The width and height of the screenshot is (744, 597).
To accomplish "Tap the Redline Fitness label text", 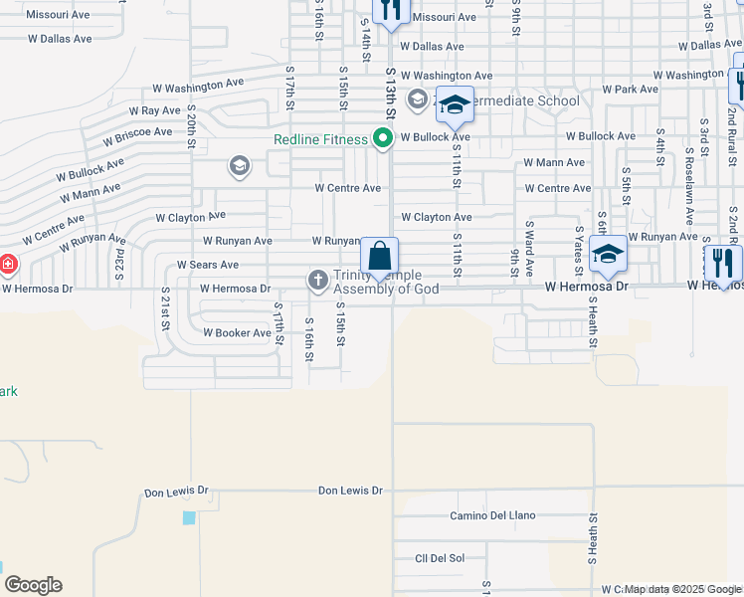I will pyautogui.click(x=321, y=140).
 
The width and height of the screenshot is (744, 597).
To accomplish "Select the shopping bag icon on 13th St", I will pyautogui.click(x=380, y=257).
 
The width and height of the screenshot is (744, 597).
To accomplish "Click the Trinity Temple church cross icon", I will pyautogui.click(x=317, y=280).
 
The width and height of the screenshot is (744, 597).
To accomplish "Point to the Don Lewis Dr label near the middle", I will pyautogui.click(x=350, y=491).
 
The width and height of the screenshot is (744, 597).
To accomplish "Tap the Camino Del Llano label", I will pyautogui.click(x=492, y=515).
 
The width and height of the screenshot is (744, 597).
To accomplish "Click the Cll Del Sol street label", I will pyautogui.click(x=440, y=557).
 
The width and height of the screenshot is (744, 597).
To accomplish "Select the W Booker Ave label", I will pyautogui.click(x=236, y=333).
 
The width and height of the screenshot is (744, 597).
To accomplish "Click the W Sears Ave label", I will pyautogui.click(x=207, y=265).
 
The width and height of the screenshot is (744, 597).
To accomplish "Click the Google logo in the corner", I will pyautogui.click(x=33, y=585).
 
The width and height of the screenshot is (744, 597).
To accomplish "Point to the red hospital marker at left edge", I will pyautogui.click(x=7, y=265).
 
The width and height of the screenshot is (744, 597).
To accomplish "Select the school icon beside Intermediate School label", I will pyautogui.click(x=455, y=104).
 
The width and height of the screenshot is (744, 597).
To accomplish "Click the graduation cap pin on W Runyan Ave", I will pyautogui.click(x=608, y=254).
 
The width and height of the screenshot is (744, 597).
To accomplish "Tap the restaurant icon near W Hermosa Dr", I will pyautogui.click(x=722, y=263).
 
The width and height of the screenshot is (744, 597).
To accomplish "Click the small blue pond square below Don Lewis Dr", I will pyautogui.click(x=189, y=517).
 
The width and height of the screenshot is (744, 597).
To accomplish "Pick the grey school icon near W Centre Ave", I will pyautogui.click(x=239, y=165).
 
